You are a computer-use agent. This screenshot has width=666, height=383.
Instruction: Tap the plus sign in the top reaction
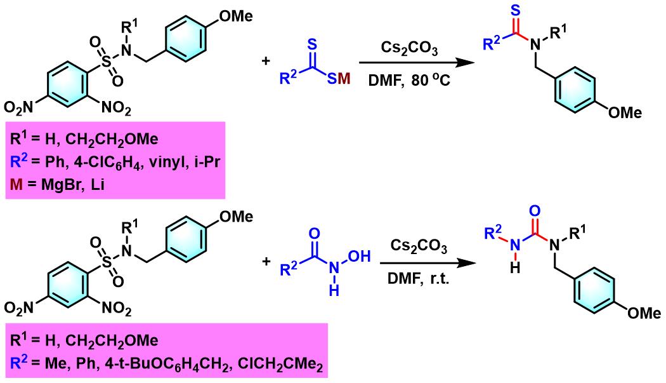(265, 62)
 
